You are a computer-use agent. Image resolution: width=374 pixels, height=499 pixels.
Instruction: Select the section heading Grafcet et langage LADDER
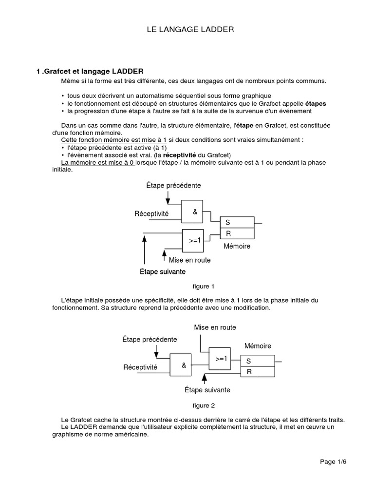pos(90,71)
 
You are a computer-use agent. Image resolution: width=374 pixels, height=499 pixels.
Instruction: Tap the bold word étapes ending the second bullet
pos(316,104)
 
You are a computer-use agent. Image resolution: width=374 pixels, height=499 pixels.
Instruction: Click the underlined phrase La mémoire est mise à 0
pos(98,163)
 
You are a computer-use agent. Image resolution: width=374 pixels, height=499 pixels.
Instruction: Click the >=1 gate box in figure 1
pos(195,240)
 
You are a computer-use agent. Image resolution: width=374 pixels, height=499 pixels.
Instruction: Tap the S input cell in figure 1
pos(237,222)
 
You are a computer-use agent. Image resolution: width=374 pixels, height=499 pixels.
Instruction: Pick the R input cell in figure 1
pos(237,234)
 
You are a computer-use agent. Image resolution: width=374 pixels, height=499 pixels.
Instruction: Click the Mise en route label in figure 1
pos(189,260)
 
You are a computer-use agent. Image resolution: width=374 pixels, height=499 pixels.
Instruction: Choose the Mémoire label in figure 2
pos(258,346)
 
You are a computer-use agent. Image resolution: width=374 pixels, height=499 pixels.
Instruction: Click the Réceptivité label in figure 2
pos(141,367)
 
